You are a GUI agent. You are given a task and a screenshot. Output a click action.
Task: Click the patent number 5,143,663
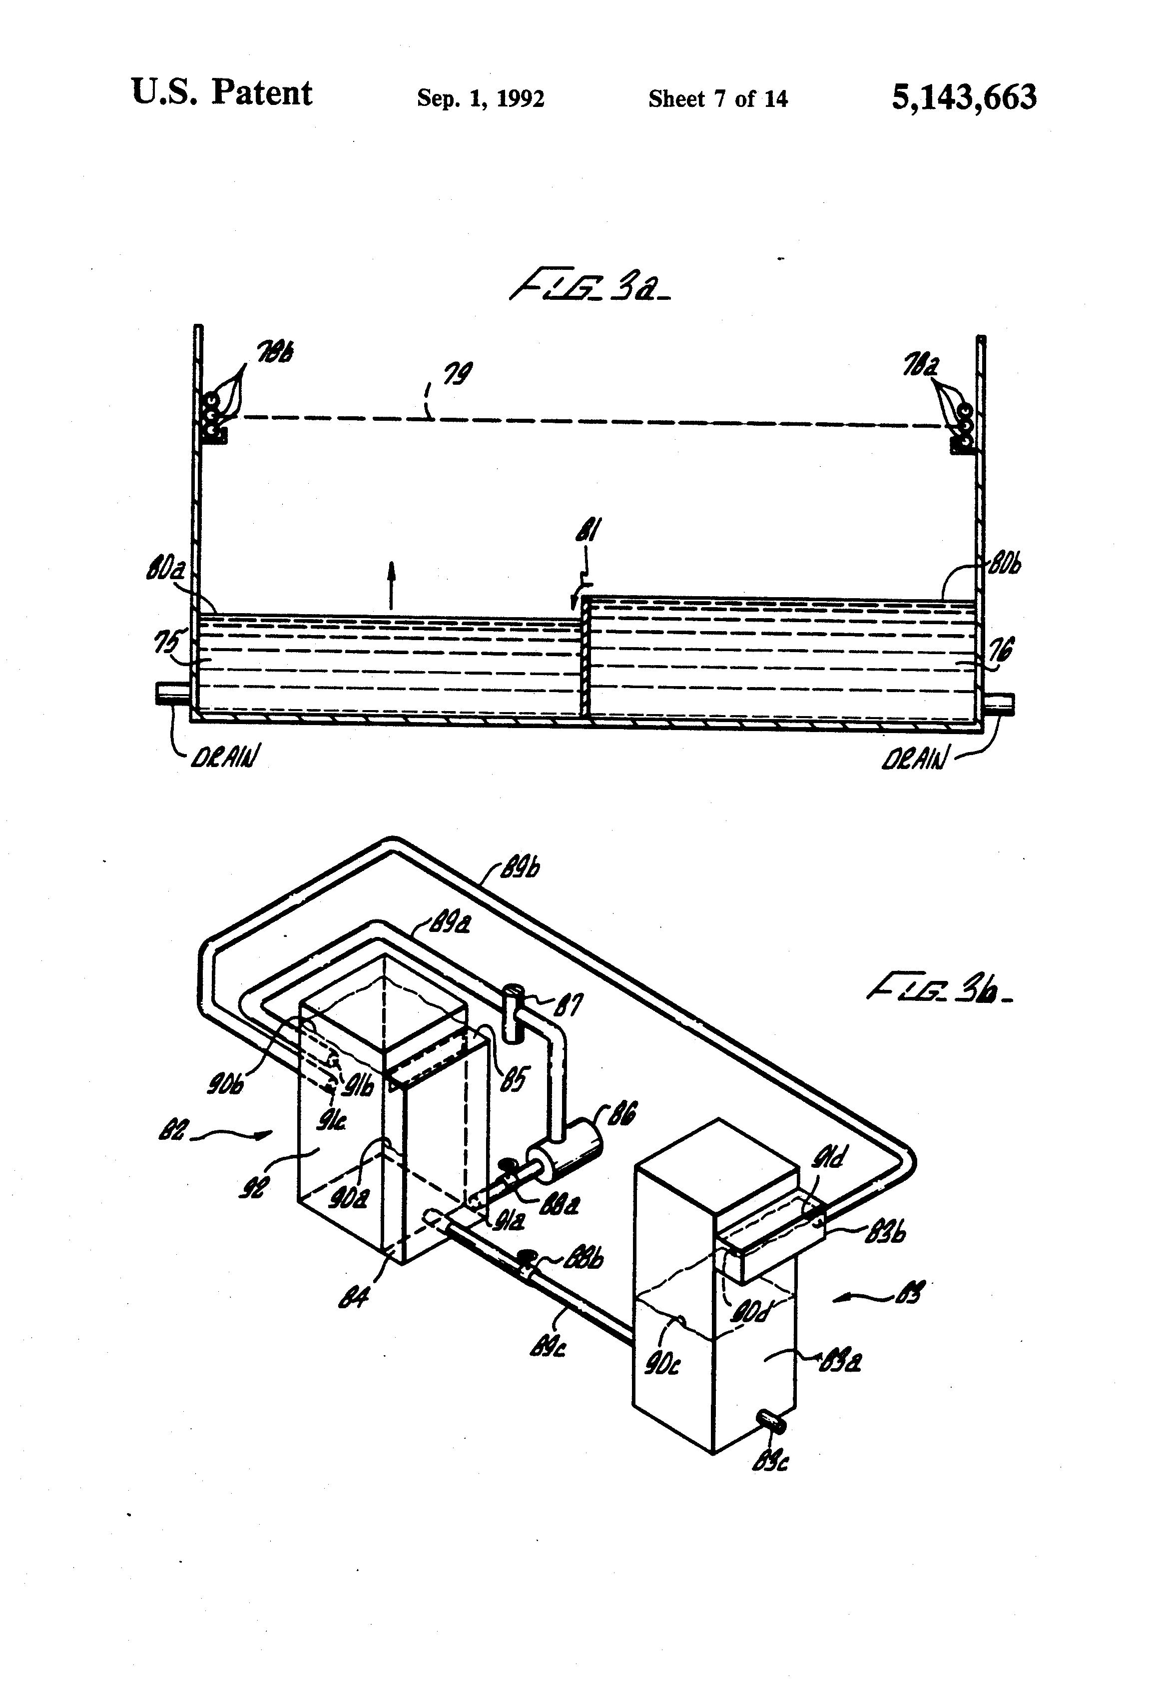[x=963, y=97]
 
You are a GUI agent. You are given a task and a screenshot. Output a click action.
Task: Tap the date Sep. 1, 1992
[x=480, y=98]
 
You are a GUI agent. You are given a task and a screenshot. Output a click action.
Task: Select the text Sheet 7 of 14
[x=717, y=98]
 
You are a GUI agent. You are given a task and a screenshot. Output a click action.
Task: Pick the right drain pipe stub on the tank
[x=998, y=704]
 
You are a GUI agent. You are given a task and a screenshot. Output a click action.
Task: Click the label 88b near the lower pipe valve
[x=586, y=1260]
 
